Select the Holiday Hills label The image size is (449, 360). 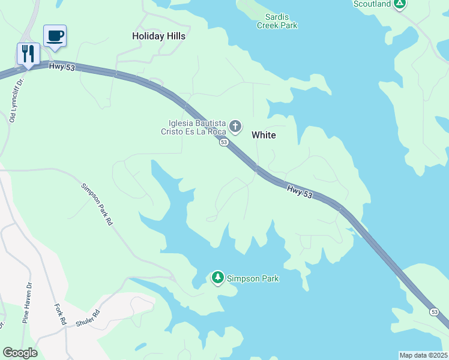coord(158,36)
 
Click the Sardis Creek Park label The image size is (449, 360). coord(277,21)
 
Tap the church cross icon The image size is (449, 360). coord(235,126)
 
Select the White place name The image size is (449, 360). coord(264,135)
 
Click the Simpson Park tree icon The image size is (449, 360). coord(217,277)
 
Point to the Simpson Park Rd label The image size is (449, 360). coord(97,204)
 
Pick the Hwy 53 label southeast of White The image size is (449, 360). coord(300,192)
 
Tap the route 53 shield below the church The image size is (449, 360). coord(223,142)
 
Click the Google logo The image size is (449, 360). coord(20,353)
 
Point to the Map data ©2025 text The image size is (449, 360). coord(423,355)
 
